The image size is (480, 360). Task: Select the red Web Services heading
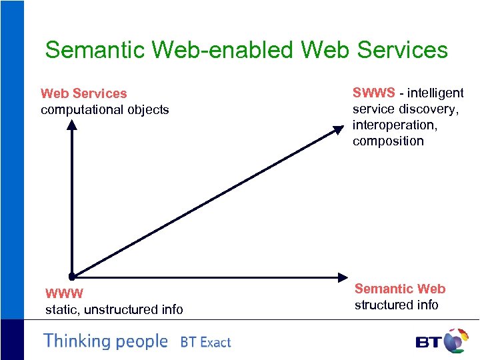tap(83, 93)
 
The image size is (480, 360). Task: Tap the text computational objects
tap(105, 109)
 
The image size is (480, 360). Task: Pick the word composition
tap(388, 141)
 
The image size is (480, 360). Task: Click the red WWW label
tap(64, 293)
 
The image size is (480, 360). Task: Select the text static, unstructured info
tap(113, 309)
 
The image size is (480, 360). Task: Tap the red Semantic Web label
tap(400, 289)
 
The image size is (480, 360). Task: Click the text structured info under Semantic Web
tap(396, 305)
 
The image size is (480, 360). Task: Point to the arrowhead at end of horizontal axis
tap(343, 276)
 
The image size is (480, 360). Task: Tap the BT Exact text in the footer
tap(205, 343)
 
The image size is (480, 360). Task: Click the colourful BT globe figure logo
tap(455, 340)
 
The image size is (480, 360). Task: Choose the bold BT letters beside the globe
tap(429, 343)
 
